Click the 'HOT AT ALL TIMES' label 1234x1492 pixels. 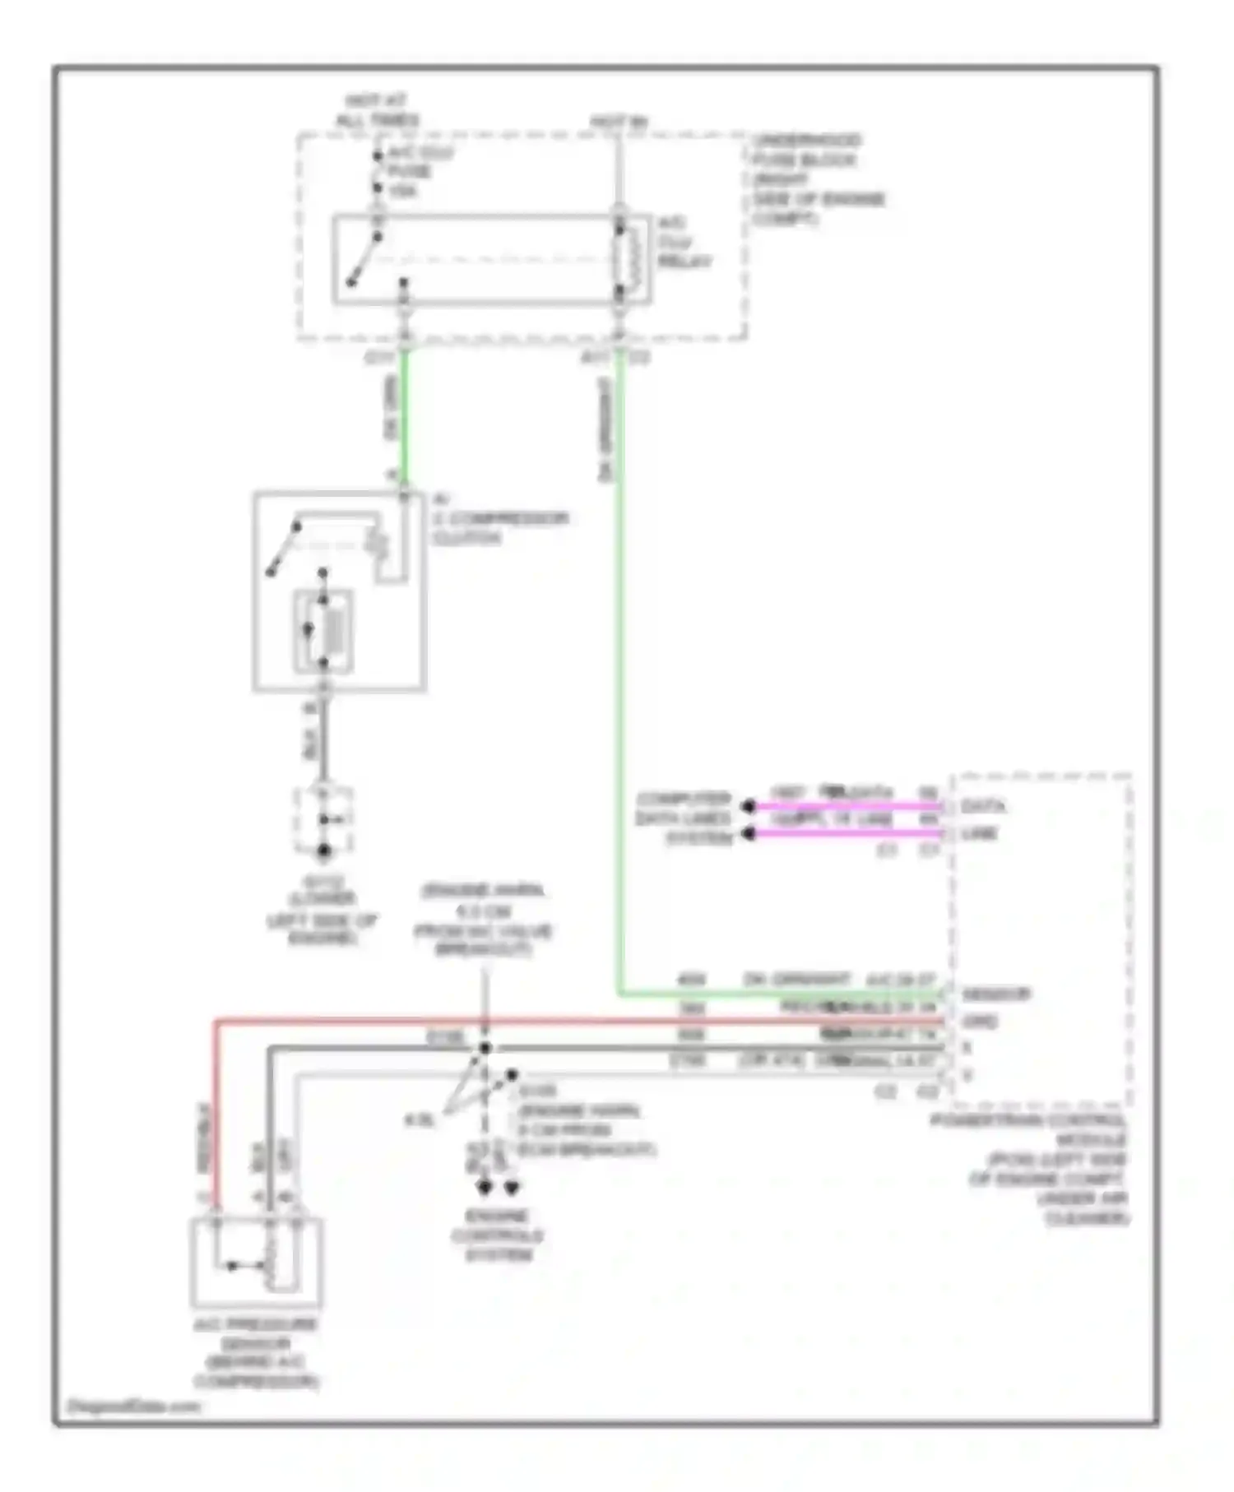pos(376,111)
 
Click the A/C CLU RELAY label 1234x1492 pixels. pos(683,243)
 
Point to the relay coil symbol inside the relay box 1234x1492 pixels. pos(628,256)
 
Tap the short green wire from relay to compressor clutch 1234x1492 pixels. pos(404,419)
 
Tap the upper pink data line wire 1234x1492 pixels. pos(847,807)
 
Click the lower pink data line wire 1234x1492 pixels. pos(847,834)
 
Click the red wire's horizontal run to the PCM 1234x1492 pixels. pos(576,1022)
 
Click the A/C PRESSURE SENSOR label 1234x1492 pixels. pos(255,1352)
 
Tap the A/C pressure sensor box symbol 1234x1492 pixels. pos(256,1263)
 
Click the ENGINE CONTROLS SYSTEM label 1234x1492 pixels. pos(498,1235)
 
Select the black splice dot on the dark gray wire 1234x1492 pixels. pos(485,1048)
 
